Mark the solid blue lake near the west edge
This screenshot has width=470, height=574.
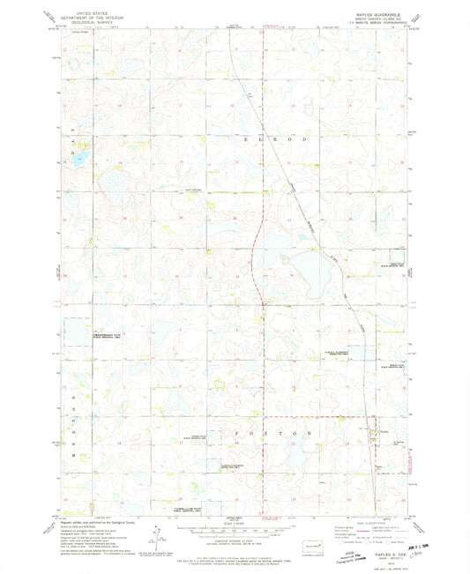tap(79, 160)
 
